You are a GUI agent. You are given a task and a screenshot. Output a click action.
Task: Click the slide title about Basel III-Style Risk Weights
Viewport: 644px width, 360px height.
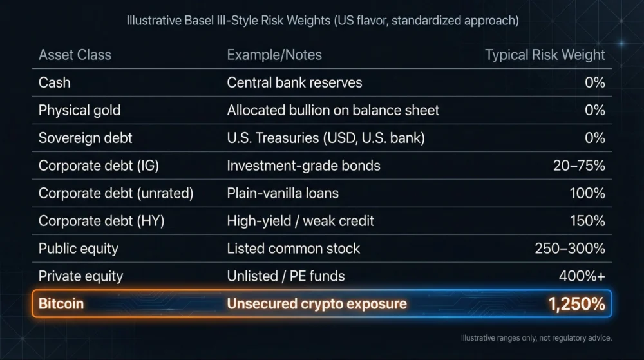pos(322,21)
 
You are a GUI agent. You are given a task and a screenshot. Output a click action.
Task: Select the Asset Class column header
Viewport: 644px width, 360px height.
pos(75,55)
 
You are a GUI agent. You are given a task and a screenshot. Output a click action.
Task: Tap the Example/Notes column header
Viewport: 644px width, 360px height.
pos(274,55)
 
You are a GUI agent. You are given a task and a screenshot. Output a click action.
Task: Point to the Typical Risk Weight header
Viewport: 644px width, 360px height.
pos(545,55)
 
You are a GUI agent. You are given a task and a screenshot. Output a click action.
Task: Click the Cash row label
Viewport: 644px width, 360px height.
pos(55,82)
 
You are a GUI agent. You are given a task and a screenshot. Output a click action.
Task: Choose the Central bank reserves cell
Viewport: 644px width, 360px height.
pos(294,82)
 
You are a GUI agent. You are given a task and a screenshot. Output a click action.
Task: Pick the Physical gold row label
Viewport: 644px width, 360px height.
pos(79,110)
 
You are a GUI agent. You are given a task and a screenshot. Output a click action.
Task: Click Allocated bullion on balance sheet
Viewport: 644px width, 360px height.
pos(333,110)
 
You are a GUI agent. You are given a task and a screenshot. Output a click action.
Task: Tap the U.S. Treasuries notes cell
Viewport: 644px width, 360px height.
pos(326,138)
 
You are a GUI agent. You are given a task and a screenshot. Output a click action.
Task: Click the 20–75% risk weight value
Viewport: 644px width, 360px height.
pos(579,166)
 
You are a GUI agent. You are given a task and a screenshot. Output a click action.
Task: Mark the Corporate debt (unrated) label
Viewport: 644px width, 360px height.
pos(116,193)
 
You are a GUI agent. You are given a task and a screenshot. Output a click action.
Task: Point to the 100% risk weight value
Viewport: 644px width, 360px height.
pos(587,193)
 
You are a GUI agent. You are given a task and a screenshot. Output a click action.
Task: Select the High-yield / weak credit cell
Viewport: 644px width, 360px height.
pos(300,221)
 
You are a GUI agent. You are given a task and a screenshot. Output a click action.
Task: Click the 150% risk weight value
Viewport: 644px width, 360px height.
pos(587,221)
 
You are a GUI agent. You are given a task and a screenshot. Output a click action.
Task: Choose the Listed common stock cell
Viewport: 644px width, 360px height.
pos(294,249)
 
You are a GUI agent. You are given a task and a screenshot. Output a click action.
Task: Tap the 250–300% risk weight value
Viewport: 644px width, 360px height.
pos(570,249)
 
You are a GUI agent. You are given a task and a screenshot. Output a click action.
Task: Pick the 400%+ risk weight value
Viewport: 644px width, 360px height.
pos(582,276)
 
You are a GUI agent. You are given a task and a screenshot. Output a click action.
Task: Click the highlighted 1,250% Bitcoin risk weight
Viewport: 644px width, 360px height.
pos(576,304)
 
